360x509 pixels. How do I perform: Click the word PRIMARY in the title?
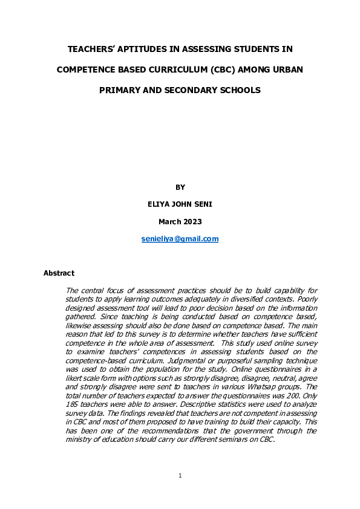[121, 90]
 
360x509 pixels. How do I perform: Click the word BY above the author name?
[180, 187]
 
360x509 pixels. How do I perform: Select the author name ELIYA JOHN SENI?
[180, 204]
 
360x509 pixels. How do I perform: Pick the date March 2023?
[180, 222]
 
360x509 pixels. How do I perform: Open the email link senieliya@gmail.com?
[180, 239]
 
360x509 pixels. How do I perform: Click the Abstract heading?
[59, 273]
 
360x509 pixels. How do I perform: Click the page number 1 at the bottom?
[180, 476]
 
